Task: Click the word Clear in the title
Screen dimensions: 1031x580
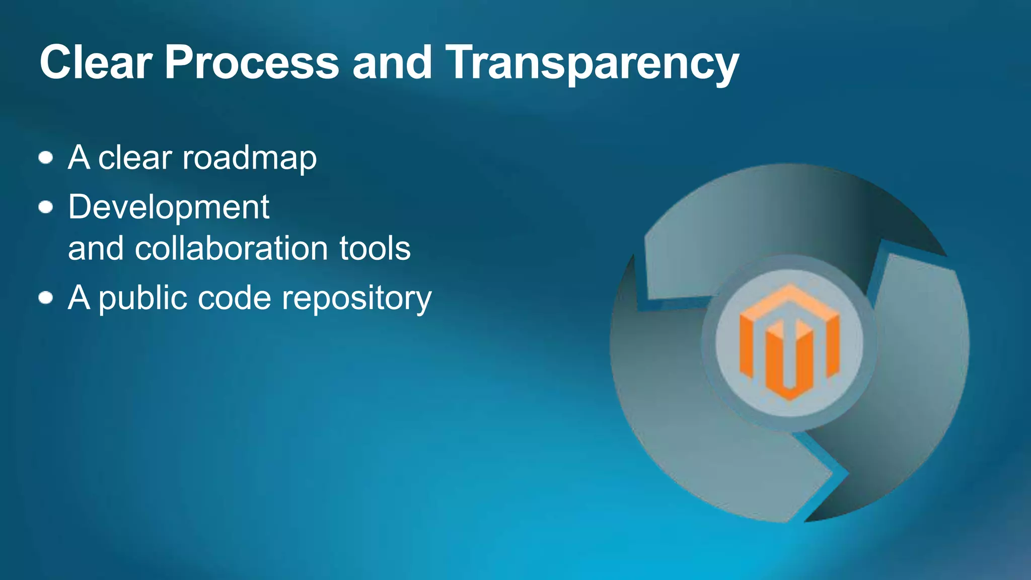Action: pos(96,62)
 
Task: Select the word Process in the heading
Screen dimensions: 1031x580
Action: pos(252,62)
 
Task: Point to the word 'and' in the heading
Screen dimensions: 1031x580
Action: pos(392,62)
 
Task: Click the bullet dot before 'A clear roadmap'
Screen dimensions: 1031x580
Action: pos(46,158)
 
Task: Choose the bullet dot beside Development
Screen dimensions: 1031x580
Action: pos(46,207)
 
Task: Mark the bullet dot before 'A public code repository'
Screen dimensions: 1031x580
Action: pos(46,298)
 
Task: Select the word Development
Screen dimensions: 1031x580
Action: pos(169,207)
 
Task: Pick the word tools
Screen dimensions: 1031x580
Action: pos(375,249)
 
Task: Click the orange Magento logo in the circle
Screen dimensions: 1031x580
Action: pos(789,342)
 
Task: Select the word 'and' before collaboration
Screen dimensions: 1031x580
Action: pos(96,249)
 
